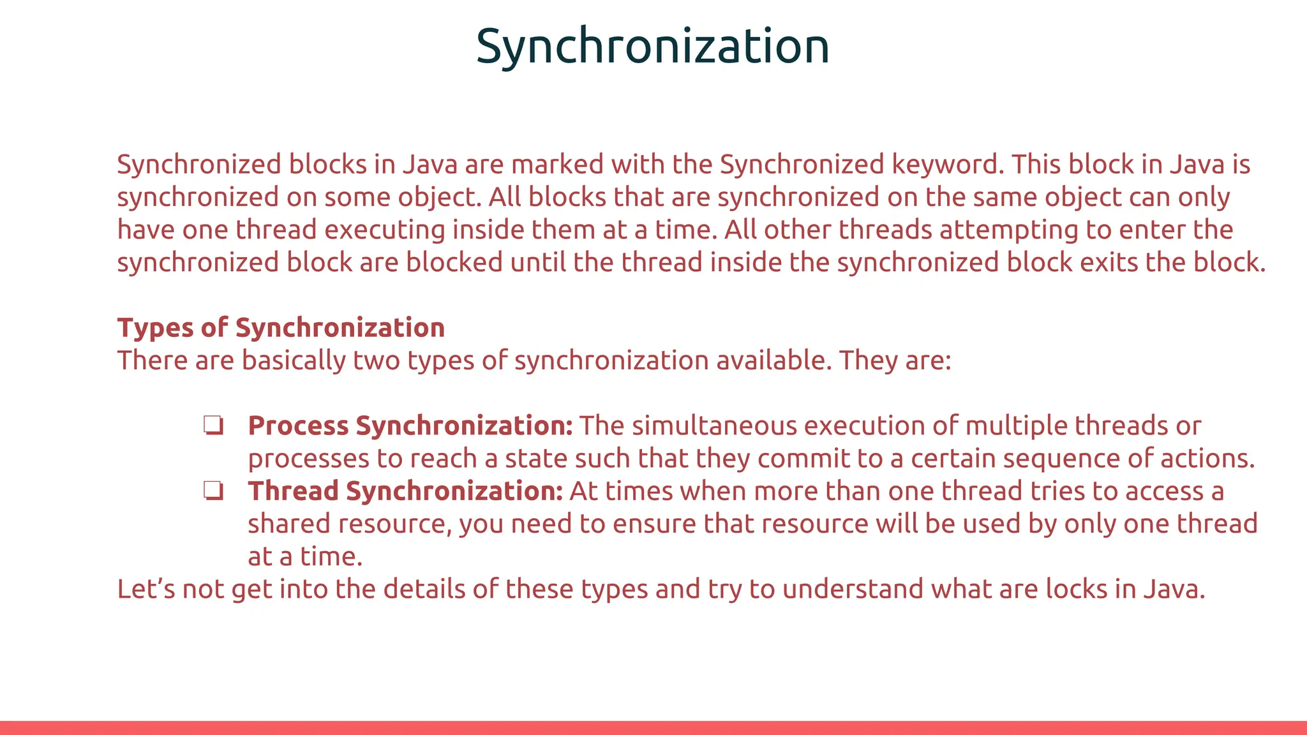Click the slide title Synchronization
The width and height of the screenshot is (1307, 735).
(652, 47)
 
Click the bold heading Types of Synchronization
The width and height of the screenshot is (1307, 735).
(281, 328)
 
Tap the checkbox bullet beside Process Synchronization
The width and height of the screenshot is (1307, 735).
(213, 426)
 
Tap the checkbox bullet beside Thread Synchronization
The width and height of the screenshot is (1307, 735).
(213, 491)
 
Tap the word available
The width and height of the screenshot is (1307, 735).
(773, 360)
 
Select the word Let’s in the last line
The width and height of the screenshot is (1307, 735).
(146, 589)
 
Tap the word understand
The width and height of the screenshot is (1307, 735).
(853, 589)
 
